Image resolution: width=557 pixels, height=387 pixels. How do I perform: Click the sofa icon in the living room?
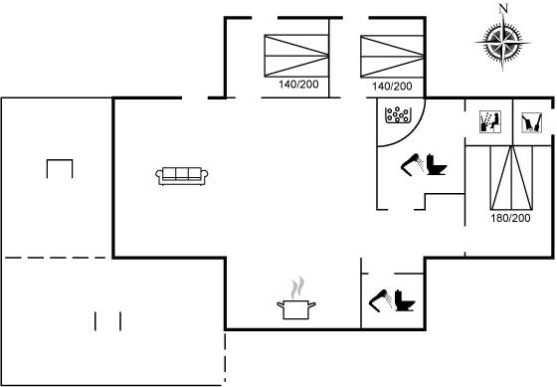181,176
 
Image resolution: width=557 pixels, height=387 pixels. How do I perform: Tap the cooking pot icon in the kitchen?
296,309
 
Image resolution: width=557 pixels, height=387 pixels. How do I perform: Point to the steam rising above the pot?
297,288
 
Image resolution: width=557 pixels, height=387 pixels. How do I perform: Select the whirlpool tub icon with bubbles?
398,114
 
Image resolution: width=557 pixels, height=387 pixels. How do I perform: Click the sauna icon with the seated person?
490,122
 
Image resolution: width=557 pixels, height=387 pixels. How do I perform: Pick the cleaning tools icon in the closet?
532,122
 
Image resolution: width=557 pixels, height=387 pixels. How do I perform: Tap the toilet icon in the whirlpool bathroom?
436,164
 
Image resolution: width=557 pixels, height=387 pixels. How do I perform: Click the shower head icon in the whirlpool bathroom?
413,164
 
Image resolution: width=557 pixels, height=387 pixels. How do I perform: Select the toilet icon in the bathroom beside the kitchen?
405,300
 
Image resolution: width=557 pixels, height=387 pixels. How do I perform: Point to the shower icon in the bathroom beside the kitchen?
381,301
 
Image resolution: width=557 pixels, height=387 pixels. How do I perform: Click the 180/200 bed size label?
510,218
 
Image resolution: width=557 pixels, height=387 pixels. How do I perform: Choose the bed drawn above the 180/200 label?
511,177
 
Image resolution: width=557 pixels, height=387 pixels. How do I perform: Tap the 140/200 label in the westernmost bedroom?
298,85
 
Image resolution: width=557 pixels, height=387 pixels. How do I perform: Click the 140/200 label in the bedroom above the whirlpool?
392,86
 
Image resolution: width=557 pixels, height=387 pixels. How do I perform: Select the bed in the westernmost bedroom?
296,56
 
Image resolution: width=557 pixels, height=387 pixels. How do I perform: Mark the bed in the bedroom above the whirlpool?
393,56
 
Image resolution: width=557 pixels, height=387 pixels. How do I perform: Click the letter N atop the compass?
503,8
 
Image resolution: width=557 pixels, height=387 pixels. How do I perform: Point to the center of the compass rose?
502,43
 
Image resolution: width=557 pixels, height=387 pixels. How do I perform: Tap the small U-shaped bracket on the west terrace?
60,160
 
